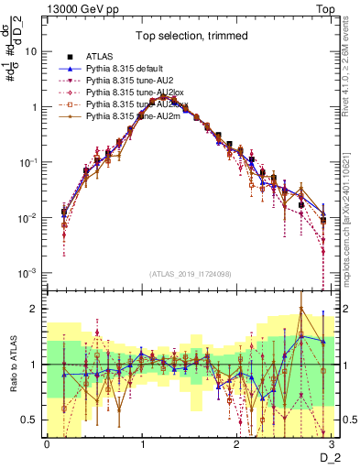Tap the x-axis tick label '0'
tap(47, 442)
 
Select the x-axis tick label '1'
tap(141, 442)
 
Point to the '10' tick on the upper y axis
tap(31, 51)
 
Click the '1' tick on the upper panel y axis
tap(35, 107)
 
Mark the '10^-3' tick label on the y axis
tap(28, 273)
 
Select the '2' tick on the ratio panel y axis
tap(35, 309)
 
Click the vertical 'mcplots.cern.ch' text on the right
tap(353, 220)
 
